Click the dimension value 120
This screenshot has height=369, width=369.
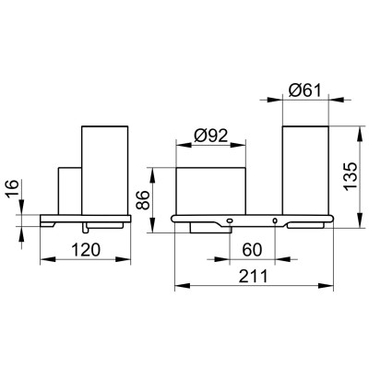point(86,250)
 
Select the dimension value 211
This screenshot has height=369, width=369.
point(254,276)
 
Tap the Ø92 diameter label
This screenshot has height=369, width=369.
point(211,136)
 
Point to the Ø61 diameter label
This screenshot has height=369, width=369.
point(304,90)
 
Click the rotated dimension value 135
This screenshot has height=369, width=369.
point(351,176)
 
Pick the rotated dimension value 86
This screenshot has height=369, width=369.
point(142,200)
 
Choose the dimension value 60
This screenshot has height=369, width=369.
point(252,250)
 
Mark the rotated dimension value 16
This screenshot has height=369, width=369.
point(12,190)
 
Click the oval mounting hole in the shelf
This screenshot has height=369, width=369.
point(230,220)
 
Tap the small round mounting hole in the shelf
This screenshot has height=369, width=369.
point(275,220)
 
